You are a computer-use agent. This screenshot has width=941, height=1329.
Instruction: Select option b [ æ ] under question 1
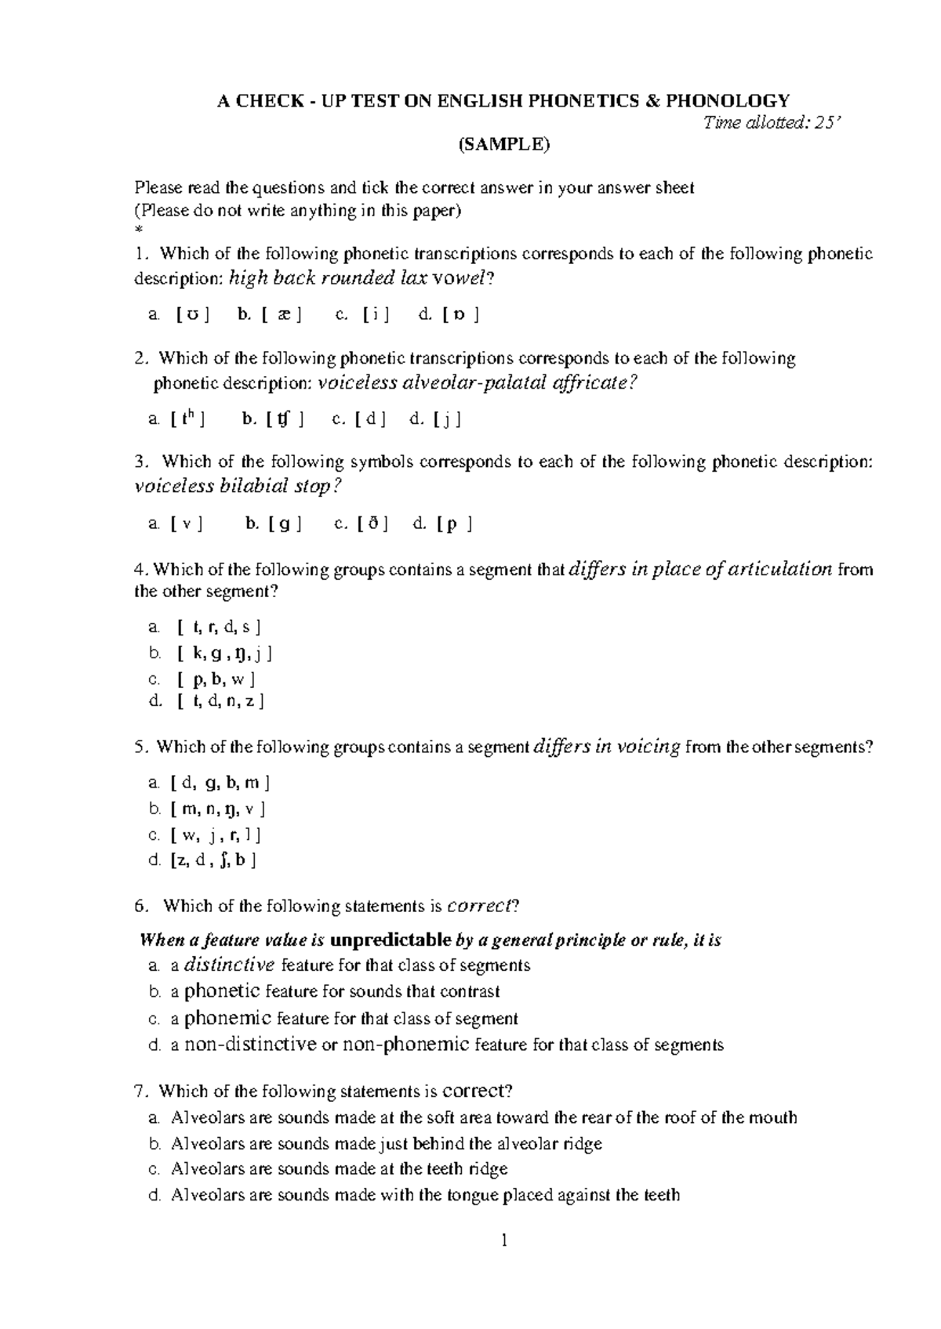tap(267, 315)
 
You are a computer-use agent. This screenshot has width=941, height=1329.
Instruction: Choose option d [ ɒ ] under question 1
tap(449, 315)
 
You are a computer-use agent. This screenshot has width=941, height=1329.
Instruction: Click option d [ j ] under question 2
tap(435, 419)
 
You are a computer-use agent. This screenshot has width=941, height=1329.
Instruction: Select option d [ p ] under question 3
tap(441, 523)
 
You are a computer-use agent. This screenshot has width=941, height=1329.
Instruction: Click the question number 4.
tap(139, 570)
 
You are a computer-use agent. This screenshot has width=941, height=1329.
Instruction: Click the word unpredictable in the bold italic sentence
tap(391, 939)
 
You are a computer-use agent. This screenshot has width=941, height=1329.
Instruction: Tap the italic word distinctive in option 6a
tap(228, 965)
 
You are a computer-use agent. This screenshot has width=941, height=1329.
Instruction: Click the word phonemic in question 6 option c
tap(228, 1018)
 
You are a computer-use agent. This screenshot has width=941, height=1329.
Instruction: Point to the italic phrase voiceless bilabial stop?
tap(238, 487)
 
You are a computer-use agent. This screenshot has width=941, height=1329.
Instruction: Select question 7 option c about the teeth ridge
tap(339, 1169)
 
